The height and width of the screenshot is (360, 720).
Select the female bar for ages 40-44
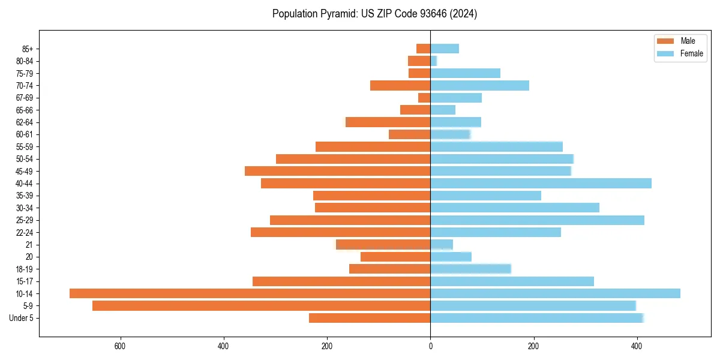(x=541, y=183)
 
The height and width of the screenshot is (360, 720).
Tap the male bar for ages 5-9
(x=261, y=305)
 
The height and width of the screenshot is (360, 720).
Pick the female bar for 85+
(x=445, y=49)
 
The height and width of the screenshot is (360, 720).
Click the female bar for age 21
(x=442, y=244)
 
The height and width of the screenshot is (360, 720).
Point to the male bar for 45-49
(x=337, y=171)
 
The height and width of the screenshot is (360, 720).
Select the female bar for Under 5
(x=536, y=318)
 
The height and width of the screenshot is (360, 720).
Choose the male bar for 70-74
(x=400, y=85)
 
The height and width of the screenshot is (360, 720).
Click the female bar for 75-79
(x=465, y=73)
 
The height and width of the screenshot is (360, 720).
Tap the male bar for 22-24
(x=340, y=232)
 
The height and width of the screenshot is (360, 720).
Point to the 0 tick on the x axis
(x=430, y=346)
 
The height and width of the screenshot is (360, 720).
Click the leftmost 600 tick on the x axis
(x=120, y=346)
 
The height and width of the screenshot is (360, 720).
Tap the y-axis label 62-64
(x=25, y=122)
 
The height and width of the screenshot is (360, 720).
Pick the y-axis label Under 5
(x=21, y=318)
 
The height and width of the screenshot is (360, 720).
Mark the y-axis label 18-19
(x=25, y=269)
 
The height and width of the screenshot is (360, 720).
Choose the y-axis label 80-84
(x=25, y=61)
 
